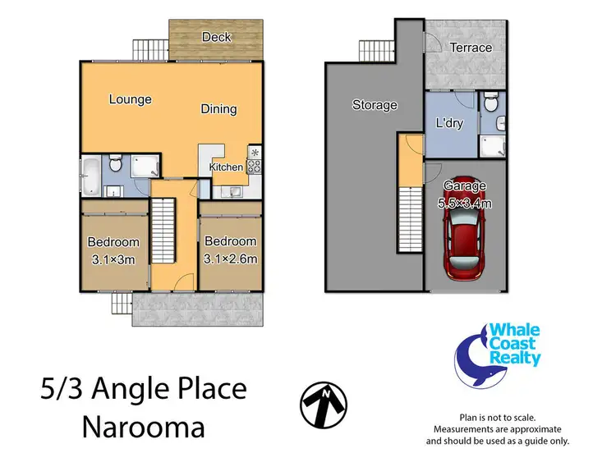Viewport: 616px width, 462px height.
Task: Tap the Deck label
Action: click(216, 37)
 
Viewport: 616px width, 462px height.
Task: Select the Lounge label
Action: click(130, 99)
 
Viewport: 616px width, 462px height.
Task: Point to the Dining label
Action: click(218, 108)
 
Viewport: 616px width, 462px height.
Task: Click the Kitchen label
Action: click(226, 167)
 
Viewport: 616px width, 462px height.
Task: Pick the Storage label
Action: click(375, 104)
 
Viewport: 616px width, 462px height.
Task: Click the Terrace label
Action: click(471, 48)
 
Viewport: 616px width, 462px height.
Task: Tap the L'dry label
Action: click(450, 123)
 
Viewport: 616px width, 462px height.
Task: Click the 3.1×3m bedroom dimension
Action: click(113, 259)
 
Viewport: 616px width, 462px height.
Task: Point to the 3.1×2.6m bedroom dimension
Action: click(230, 259)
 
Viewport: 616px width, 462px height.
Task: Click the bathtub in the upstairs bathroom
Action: click(91, 172)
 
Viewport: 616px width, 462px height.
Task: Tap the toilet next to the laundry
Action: click(490, 104)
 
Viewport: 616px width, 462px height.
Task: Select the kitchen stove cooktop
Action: click(254, 166)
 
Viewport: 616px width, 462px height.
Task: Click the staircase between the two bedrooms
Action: click(164, 232)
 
